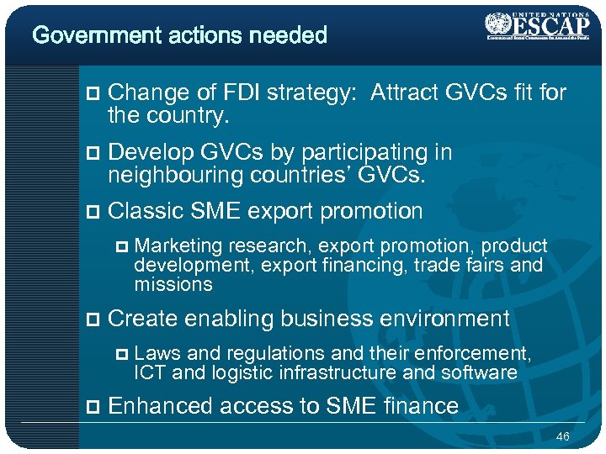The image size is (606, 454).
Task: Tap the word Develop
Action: (x=151, y=152)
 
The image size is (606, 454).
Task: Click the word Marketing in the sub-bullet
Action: (x=178, y=246)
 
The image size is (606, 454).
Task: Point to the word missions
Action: (x=173, y=284)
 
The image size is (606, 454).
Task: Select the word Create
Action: (x=143, y=319)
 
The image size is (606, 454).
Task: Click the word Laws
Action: (x=154, y=354)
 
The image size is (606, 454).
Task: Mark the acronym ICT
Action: (x=149, y=372)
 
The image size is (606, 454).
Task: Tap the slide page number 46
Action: (x=563, y=436)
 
